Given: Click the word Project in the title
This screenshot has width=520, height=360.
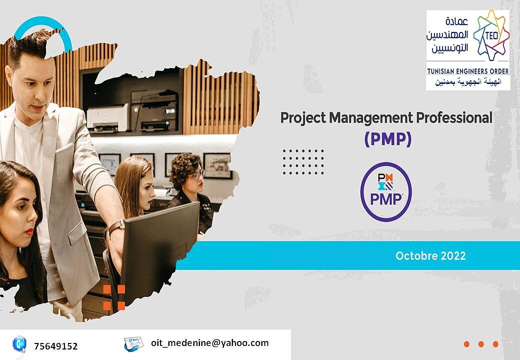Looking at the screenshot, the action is [303, 118].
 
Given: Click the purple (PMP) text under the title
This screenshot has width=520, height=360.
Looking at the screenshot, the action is [387, 139].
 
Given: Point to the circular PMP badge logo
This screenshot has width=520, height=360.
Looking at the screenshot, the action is [386, 191].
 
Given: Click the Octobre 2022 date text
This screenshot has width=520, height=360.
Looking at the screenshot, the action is [430, 256].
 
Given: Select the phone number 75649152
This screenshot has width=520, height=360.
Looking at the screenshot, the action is [55, 346].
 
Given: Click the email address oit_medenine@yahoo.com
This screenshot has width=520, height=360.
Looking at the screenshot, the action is [209, 343].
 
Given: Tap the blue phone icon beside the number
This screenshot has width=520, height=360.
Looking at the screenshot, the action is [19, 344].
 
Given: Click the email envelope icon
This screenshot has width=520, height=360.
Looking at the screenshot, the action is [133, 343].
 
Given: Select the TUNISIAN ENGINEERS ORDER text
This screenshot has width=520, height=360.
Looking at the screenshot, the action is [467, 71].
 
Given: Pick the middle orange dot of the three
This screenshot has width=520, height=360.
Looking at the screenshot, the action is [481, 344].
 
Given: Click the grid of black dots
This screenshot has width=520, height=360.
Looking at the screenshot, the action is [303, 162].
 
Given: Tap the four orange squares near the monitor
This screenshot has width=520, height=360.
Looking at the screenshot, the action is [114, 297].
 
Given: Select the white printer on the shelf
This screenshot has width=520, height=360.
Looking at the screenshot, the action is [107, 118].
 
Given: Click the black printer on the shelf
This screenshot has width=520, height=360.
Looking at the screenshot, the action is [154, 110].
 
